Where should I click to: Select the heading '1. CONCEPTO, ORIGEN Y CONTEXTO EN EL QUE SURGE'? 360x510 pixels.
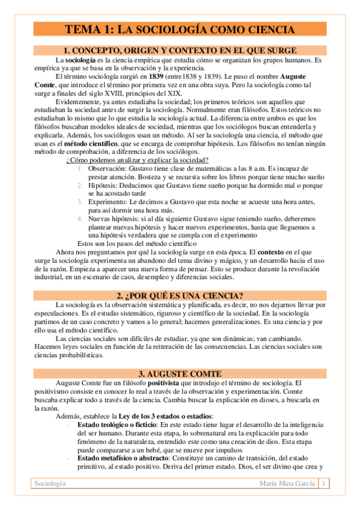click(180, 51)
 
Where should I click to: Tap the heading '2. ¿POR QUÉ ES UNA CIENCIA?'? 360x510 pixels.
click(180, 295)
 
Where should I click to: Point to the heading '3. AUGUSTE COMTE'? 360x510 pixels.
click(180, 373)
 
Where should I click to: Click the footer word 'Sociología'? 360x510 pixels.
click(50, 484)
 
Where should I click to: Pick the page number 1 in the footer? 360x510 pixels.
click(325, 484)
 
